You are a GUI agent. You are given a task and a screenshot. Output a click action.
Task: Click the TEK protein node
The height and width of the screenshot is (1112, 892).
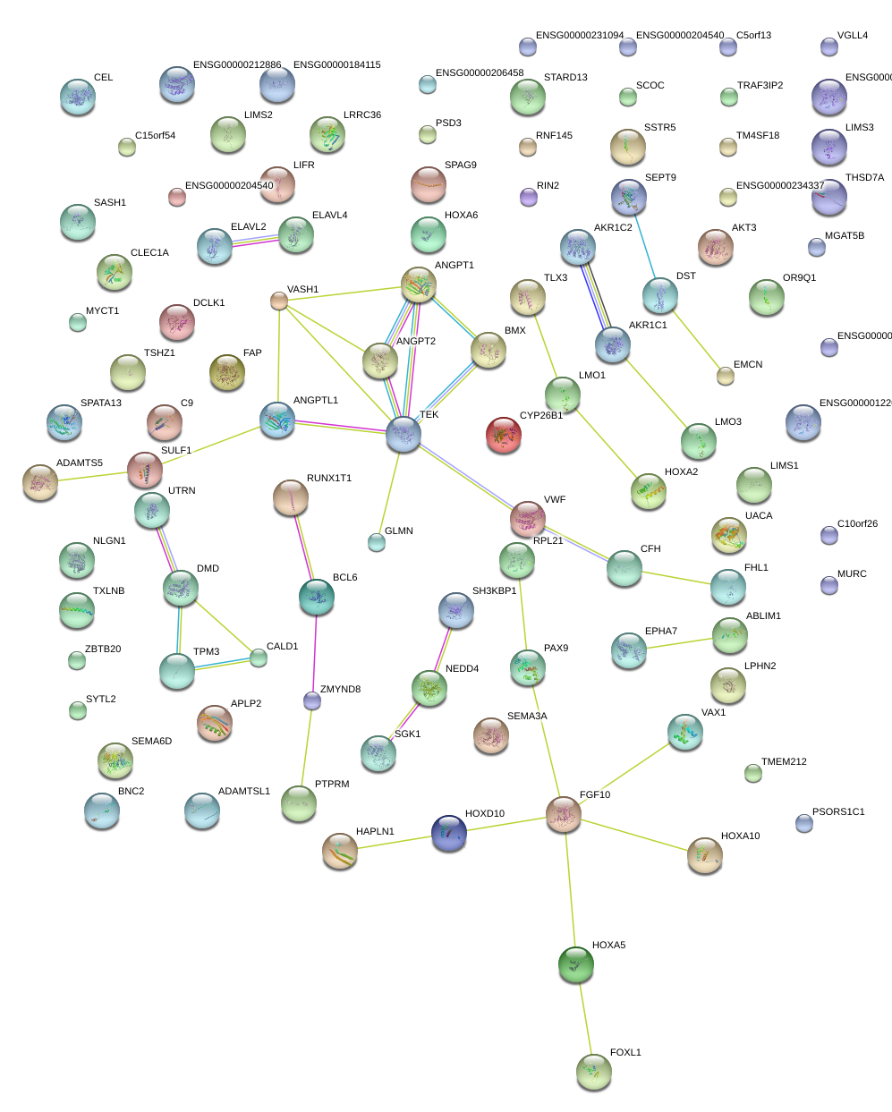click(404, 435)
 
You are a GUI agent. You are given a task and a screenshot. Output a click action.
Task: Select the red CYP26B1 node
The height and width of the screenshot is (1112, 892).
click(504, 435)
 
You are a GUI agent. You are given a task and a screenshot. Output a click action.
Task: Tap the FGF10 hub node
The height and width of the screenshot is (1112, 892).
click(564, 814)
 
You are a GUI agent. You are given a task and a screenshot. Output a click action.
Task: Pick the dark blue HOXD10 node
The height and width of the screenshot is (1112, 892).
click(448, 833)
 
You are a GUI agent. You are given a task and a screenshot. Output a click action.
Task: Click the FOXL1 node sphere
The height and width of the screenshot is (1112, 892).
click(593, 1072)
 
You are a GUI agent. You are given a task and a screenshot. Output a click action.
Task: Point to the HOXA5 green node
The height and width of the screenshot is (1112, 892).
click(576, 964)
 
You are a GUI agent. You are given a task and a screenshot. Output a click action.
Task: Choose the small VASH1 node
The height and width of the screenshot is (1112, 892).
click(279, 301)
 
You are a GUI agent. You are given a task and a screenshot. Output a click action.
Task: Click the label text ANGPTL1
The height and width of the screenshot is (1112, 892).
click(316, 401)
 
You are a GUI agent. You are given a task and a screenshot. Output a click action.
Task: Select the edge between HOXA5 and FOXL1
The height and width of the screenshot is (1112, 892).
click(584, 1018)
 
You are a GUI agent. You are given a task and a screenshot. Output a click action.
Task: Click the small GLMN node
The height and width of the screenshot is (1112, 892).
click(377, 542)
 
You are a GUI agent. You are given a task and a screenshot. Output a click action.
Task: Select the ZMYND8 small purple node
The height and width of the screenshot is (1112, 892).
click(311, 700)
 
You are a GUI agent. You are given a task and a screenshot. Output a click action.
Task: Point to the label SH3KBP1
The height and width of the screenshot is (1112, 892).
click(494, 591)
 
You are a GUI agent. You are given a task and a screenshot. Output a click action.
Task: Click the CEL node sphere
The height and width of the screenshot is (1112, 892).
click(78, 97)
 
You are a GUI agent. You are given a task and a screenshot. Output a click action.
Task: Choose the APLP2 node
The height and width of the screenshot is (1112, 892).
click(215, 724)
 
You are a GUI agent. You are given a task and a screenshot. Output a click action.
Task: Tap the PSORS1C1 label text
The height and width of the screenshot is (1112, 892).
click(838, 812)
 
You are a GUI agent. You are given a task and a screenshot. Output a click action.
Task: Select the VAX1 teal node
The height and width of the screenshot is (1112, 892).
click(685, 732)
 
